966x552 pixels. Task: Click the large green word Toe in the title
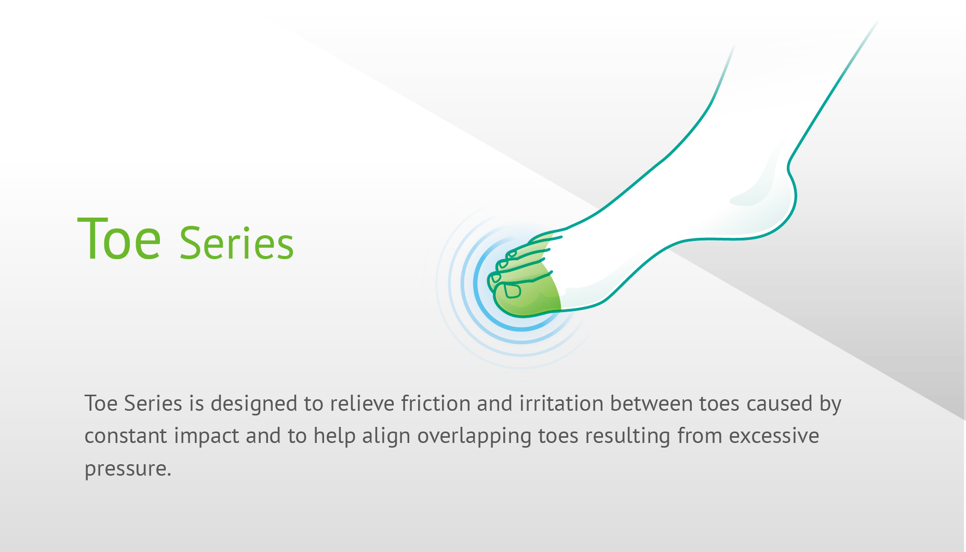point(119,238)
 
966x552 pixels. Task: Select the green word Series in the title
point(236,243)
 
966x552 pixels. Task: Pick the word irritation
point(561,403)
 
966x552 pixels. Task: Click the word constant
point(126,436)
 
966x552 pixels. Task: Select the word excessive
point(774,436)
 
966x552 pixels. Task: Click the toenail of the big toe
point(512,291)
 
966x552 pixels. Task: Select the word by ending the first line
point(830,404)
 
